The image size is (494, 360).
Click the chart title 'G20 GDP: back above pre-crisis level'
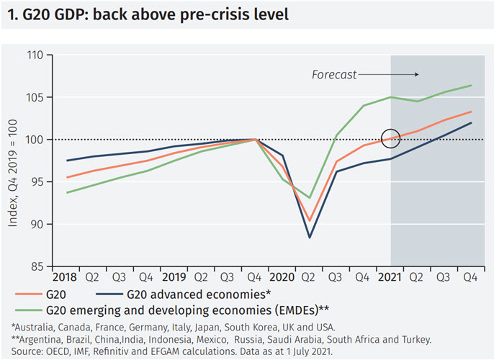[148, 15]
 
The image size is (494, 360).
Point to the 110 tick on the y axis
[34, 55]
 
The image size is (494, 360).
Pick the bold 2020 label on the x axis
[282, 276]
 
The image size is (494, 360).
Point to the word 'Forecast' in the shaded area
[333, 74]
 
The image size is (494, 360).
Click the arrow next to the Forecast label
[388, 74]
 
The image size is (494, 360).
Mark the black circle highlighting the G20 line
[390, 138]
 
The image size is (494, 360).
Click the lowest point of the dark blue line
[310, 238]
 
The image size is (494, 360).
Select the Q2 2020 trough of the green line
[310, 197]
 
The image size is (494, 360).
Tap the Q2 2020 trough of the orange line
[310, 220]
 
